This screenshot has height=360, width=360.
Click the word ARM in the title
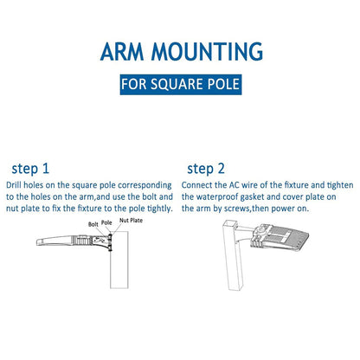pyautogui.click(x=122, y=51)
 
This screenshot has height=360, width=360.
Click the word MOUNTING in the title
pyautogui.click(x=207, y=51)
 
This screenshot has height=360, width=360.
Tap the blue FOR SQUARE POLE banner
pyautogui.click(x=181, y=85)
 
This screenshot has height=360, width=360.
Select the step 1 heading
pyautogui.click(x=30, y=169)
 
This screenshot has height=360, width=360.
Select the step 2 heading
pyautogui.click(x=206, y=169)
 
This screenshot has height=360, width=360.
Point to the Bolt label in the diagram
pyautogui.click(x=93, y=224)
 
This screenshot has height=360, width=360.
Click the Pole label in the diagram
pyautogui.click(x=106, y=222)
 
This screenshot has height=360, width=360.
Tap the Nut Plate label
pyautogui.click(x=131, y=221)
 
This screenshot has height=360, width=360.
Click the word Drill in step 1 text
pyautogui.click(x=14, y=185)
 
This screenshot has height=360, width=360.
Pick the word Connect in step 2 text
pyautogui.click(x=196, y=185)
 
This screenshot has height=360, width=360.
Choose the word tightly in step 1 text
pyautogui.click(x=160, y=209)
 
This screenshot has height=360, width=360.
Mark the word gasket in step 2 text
pyautogui.click(x=252, y=197)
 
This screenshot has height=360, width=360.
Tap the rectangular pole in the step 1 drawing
pyautogui.click(x=119, y=260)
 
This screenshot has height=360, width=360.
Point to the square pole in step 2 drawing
pyautogui.click(x=233, y=255)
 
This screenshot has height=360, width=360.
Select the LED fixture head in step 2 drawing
pyautogui.click(x=280, y=236)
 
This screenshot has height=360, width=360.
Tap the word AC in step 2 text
pyautogui.click(x=235, y=185)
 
